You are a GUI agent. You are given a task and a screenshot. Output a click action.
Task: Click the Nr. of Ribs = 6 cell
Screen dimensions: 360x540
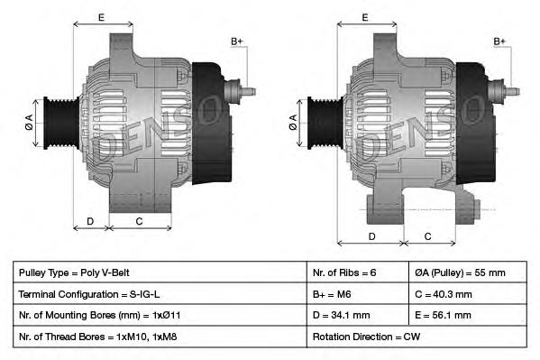point(358,272)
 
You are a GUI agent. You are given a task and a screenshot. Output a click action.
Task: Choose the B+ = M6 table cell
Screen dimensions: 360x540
point(358,294)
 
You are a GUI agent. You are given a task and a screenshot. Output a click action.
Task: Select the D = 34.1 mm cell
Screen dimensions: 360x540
point(358,316)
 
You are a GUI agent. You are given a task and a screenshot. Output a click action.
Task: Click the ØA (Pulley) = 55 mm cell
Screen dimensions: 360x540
point(470,272)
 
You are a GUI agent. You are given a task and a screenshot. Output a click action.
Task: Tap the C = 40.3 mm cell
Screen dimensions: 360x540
point(470,294)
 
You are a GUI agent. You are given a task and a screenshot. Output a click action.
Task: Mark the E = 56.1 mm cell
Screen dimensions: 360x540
point(470,316)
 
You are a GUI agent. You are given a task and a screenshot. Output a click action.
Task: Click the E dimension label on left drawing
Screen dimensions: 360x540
point(101,17)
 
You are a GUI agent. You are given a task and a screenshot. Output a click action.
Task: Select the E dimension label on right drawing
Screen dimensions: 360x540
point(365,17)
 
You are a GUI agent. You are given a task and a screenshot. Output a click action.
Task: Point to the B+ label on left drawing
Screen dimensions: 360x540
point(237,42)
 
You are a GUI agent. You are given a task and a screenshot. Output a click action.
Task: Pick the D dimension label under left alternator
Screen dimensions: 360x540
point(90,221)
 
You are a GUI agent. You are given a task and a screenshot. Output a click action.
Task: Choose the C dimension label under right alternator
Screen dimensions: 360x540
point(427,236)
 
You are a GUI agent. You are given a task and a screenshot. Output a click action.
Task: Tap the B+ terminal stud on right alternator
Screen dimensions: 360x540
point(510,89)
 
